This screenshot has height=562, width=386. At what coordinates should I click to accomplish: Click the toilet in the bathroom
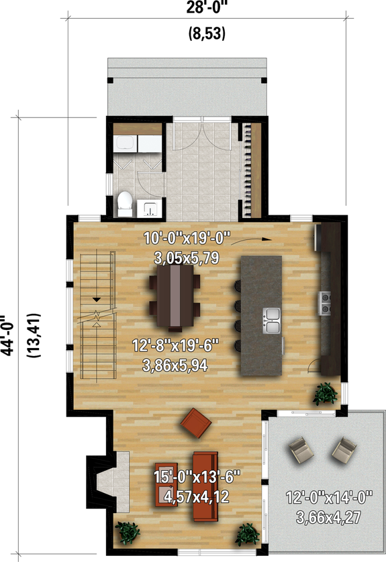click(125, 204)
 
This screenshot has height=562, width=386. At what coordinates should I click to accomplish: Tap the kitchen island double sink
click(272, 321)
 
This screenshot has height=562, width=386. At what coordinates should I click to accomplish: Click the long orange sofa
click(205, 486)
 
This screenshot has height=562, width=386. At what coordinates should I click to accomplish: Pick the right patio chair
click(343, 450)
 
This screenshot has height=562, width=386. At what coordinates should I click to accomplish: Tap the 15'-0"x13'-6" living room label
click(196, 478)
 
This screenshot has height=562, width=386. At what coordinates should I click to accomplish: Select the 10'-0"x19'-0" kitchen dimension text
click(187, 237)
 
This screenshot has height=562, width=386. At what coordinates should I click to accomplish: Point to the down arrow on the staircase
click(97, 300)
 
